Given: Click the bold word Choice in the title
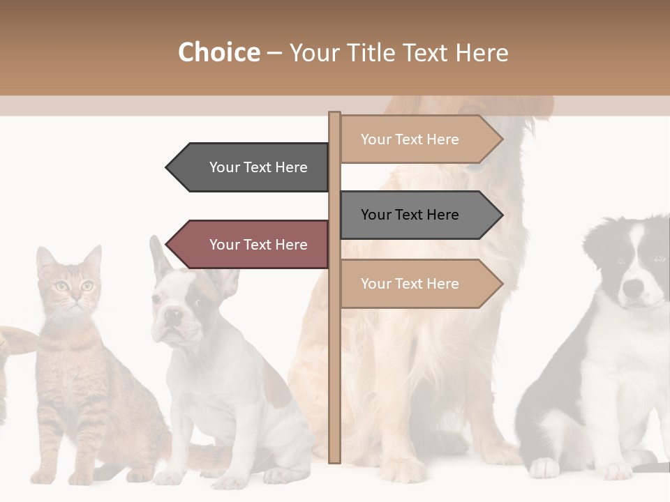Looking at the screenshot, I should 218,52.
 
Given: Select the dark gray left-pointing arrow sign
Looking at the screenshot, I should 251,167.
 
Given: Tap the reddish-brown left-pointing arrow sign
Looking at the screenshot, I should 251,245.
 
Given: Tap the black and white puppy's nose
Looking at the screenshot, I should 633,287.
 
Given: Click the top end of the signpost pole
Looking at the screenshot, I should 334,115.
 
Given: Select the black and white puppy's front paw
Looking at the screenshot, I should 544,468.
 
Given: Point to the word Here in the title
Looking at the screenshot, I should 482,52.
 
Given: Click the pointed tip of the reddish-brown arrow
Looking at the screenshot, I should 167,245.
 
